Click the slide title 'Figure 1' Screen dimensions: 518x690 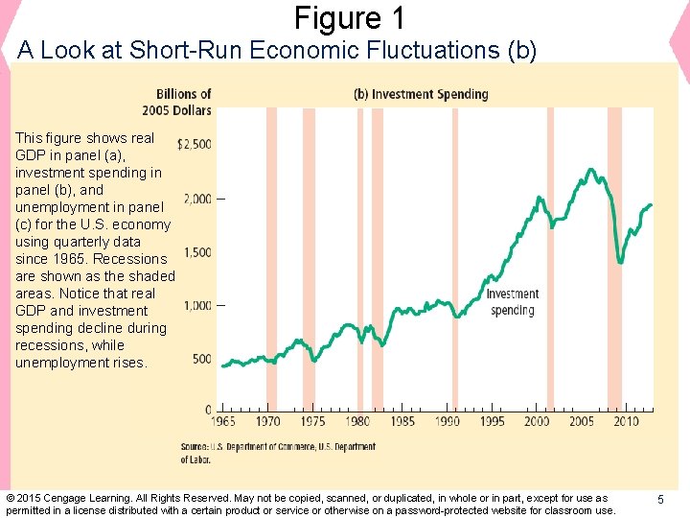click(350, 18)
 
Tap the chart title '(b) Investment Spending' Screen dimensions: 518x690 click(421, 94)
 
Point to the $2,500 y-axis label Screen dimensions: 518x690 click(195, 144)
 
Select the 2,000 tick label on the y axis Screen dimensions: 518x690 click(197, 199)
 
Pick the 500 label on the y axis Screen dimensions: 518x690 click(201, 359)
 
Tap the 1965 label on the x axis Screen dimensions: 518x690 click(222, 421)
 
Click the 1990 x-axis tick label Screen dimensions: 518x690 click(448, 421)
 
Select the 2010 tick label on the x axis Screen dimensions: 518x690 click(627, 421)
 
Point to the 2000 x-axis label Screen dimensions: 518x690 click(537, 421)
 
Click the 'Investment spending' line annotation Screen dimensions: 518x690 click(513, 302)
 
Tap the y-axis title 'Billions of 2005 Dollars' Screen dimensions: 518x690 click(183, 102)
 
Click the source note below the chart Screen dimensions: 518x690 click(278, 453)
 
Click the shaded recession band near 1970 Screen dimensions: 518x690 click(271, 259)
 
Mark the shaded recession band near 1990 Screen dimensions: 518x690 click(454, 259)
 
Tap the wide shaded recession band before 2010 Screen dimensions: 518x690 click(614, 259)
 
